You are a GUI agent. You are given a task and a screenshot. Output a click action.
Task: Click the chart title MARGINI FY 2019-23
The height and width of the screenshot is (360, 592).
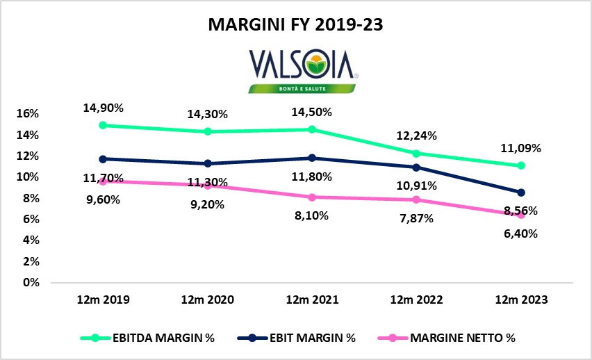point(296,25)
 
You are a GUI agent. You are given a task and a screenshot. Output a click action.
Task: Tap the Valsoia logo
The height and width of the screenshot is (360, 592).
point(297,69)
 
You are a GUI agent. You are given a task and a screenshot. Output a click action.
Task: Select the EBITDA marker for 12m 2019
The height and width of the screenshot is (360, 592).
point(103,125)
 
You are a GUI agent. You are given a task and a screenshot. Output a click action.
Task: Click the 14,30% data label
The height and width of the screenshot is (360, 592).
point(207,115)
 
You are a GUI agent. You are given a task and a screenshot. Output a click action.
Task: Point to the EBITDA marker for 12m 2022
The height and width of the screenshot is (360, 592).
point(416,154)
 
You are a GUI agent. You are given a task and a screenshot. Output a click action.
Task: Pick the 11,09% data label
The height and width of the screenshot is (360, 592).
point(521,148)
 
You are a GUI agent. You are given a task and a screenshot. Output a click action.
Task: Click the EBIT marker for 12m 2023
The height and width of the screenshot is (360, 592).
point(520,192)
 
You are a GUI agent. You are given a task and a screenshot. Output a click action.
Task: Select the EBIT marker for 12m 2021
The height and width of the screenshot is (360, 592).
point(311,158)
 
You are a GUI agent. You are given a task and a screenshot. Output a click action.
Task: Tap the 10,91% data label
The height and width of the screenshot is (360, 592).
point(416,186)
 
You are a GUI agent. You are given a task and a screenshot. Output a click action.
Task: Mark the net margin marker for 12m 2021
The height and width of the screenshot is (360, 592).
point(311,197)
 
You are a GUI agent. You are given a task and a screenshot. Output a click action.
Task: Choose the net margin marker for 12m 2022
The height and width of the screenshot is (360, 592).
point(416,199)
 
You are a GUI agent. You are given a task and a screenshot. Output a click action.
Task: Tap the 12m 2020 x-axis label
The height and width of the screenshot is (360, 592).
point(207,301)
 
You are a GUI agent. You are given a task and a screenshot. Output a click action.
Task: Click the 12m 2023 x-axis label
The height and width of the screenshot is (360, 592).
point(520,301)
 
